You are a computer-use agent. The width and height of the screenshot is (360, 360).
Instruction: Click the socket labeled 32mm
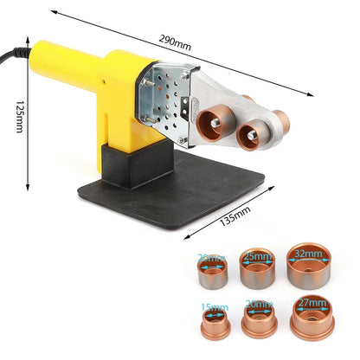pyautogui.click(x=308, y=265)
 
